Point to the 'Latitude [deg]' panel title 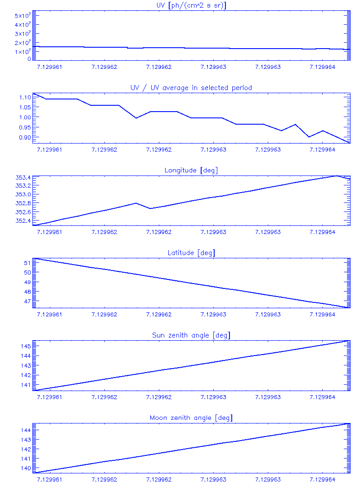coord(191,253)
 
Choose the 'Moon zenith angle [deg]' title coord(191,418)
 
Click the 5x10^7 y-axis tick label coord(22,16)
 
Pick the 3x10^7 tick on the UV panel coord(22,34)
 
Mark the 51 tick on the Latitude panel coord(27,263)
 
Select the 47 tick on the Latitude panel coord(27,301)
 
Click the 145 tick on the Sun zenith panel coord(25,346)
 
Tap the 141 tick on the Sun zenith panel coord(25,385)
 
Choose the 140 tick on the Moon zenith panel coord(25,468)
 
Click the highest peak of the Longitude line coord(336,175)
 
